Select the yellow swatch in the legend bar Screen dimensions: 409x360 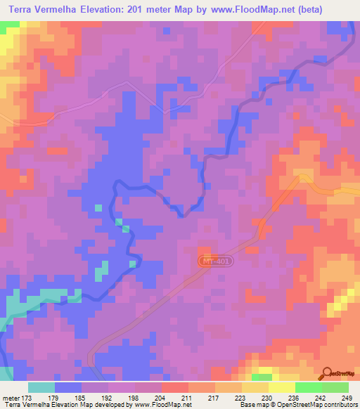pyautogui.click(x=281, y=387)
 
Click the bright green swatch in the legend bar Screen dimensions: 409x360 pyautogui.click(x=308, y=387)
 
